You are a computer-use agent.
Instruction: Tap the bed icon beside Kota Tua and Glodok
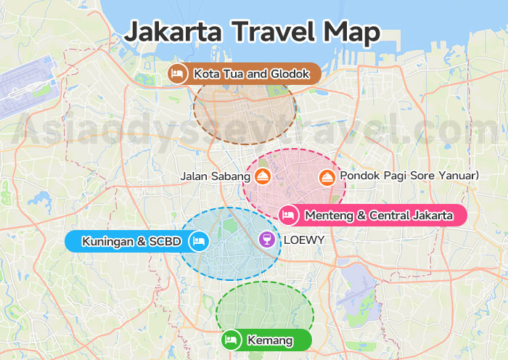tap(176, 73)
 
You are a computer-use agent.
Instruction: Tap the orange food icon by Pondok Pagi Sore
tap(327, 176)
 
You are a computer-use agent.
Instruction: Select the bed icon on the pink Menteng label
tap(288, 215)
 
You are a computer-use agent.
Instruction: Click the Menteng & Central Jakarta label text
tap(379, 215)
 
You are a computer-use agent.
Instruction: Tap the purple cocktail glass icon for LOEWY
tap(268, 240)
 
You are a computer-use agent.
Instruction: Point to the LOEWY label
tap(303, 240)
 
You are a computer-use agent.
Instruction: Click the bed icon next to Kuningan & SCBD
tap(198, 242)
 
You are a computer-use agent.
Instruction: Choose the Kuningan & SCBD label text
tap(133, 242)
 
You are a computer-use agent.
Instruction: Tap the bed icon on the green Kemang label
tap(232, 340)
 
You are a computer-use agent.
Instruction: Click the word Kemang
tap(269, 340)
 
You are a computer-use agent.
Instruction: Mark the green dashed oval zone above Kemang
tap(265, 308)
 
